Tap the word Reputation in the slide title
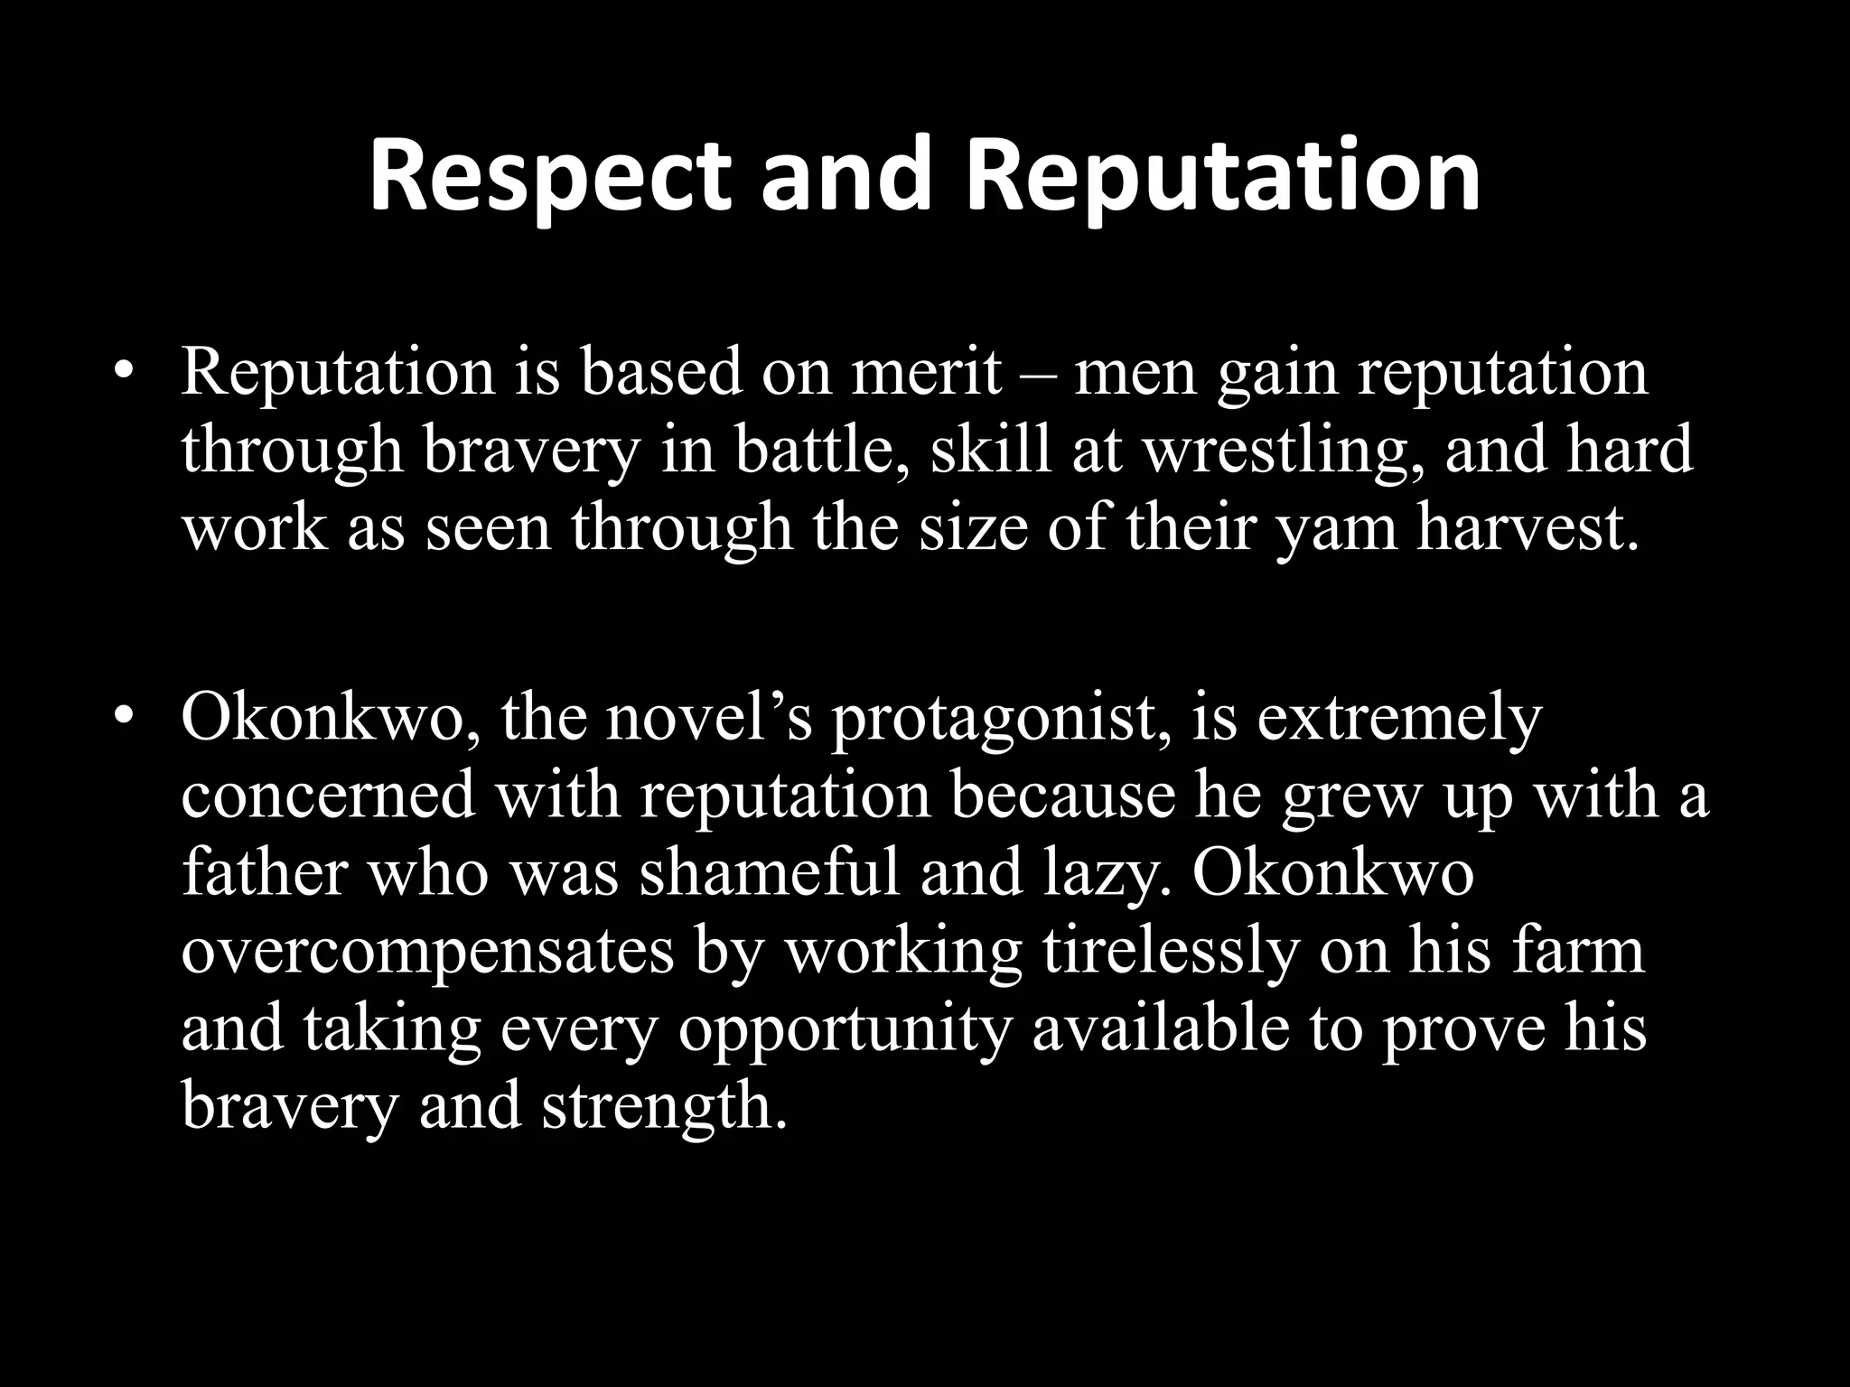[x=1222, y=175]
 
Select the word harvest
[x=1527, y=527]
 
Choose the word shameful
[x=770, y=874]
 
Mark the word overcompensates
[x=427, y=952]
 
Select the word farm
[x=1568, y=950]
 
